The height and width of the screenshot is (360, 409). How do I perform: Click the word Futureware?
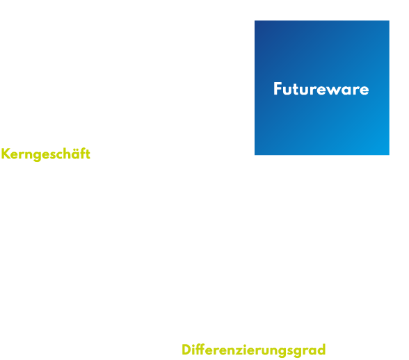pos(321,89)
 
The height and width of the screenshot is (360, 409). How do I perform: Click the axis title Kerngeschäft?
pos(46,154)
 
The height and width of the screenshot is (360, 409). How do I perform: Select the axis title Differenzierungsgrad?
pos(254,350)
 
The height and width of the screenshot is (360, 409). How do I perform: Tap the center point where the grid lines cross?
pos(253,156)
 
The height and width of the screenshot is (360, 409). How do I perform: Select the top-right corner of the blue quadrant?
pos(390,20)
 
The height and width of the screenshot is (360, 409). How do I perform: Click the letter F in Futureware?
pos(278,89)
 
